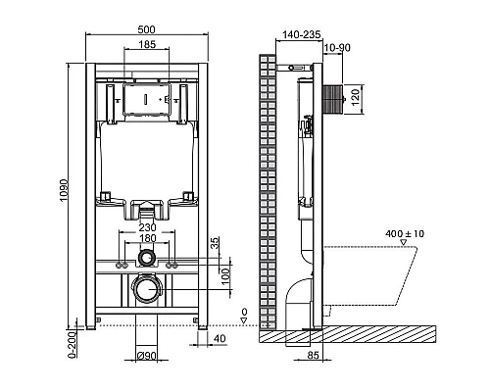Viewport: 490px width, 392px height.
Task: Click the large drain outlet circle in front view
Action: coord(146,290)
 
